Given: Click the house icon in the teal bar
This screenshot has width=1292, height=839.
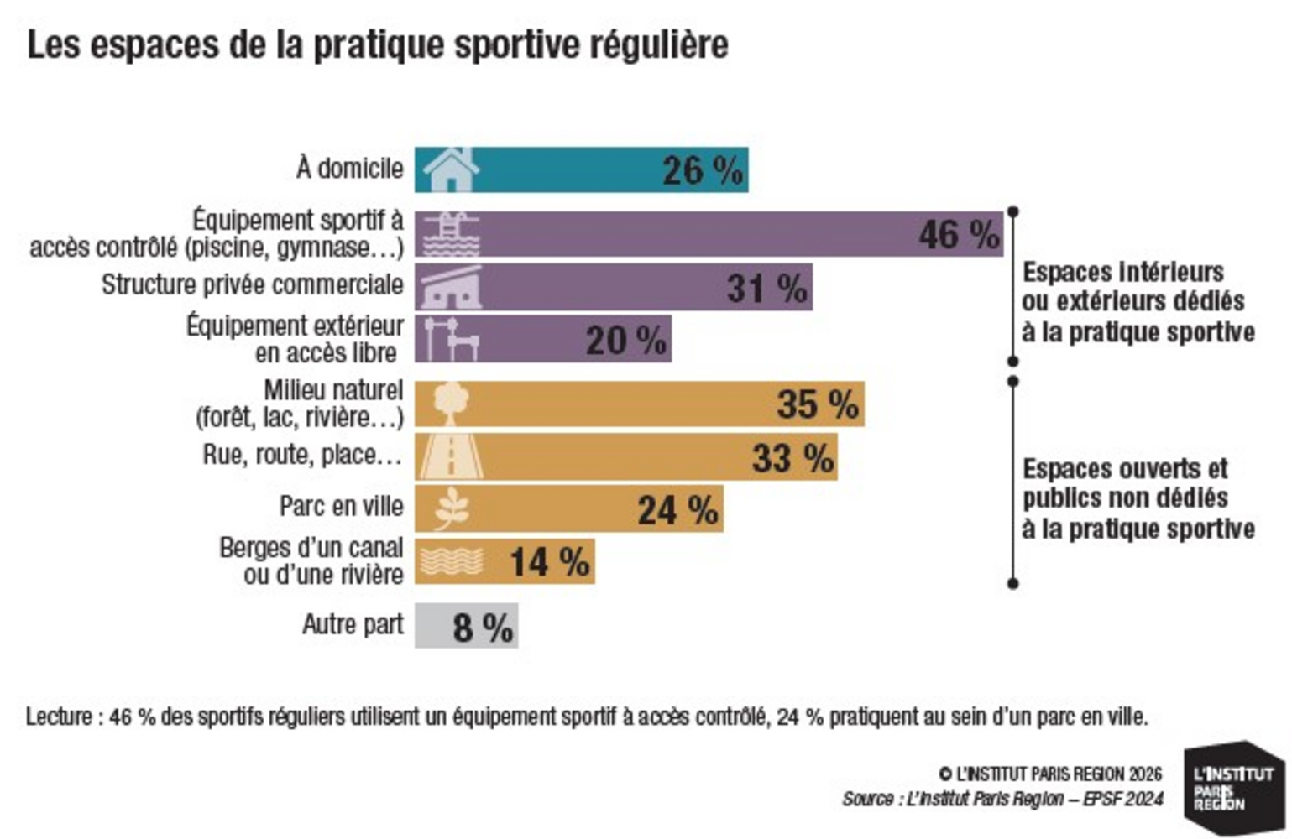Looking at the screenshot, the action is point(451,170).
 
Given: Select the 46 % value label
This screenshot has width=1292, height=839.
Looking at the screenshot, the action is point(960,235).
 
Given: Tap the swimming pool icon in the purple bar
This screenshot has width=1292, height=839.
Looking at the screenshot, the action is point(451,233).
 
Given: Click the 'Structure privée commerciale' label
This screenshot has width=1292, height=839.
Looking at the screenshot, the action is point(253,285).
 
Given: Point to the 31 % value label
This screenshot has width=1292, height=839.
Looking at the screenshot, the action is point(767,288).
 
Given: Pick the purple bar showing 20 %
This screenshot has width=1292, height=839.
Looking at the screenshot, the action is point(543,339).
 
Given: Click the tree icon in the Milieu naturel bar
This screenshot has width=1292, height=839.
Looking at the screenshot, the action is point(451,403).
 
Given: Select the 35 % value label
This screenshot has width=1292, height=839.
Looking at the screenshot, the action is point(818,404).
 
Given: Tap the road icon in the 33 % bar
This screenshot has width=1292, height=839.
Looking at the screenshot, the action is point(451,456).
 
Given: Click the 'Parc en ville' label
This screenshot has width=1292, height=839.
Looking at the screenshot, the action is point(342,506).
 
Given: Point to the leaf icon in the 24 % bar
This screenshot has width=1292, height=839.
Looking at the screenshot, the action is point(451,508).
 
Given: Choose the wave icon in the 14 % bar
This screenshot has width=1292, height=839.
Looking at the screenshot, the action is point(451,561).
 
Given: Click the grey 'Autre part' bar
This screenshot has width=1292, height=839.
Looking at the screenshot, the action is point(466,626).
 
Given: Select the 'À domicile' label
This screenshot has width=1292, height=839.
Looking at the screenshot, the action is point(349,169).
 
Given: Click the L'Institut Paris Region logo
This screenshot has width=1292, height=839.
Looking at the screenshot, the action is point(1234,788).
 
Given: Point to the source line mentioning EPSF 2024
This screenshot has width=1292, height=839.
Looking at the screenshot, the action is point(1002,800).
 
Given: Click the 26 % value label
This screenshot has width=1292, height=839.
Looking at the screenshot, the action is point(703,170).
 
